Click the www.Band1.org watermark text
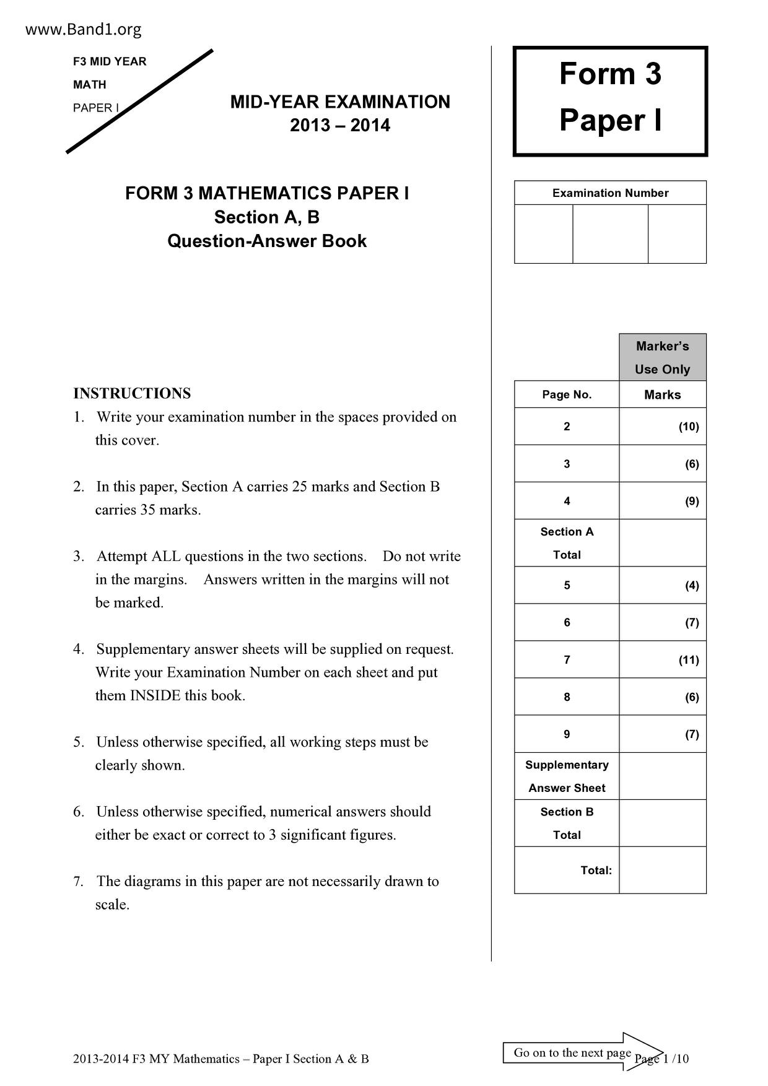(84, 29)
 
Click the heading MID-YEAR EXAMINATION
(340, 102)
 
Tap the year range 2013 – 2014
(340, 126)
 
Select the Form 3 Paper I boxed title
(610, 97)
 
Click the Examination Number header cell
(610, 193)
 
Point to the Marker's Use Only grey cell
(662, 357)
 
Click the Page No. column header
(567, 395)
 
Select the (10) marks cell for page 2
(688, 427)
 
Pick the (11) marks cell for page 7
(688, 660)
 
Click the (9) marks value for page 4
(691, 502)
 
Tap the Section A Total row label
(567, 543)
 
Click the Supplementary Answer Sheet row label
(567, 776)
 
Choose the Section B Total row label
(567, 823)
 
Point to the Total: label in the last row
(596, 871)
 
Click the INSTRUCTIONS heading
(132, 394)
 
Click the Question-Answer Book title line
(267, 241)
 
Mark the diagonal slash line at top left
(140, 100)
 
